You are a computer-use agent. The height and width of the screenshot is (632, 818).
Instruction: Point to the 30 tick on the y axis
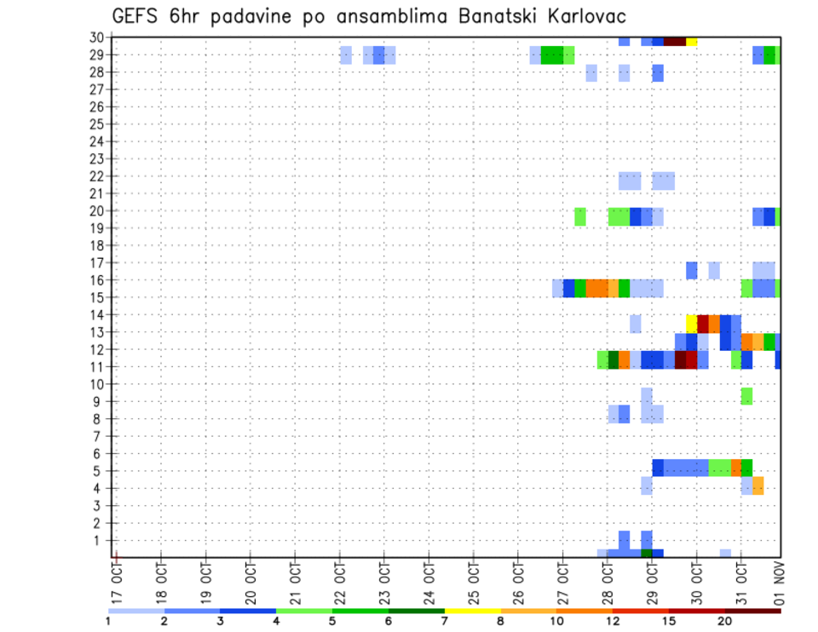click(96, 37)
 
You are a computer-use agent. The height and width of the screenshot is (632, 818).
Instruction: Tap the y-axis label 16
click(96, 279)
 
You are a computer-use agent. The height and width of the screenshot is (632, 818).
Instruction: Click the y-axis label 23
click(96, 158)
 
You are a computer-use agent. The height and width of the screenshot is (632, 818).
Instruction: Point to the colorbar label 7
click(444, 620)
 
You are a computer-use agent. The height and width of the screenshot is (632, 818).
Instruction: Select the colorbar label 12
click(613, 620)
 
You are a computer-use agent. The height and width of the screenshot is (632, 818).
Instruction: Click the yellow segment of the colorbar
click(472, 610)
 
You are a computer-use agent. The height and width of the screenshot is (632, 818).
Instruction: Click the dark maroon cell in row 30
click(675, 41)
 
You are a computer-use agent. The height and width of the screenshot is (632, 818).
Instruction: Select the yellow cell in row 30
click(691, 41)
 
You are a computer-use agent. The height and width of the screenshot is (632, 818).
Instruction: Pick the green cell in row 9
click(746, 396)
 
